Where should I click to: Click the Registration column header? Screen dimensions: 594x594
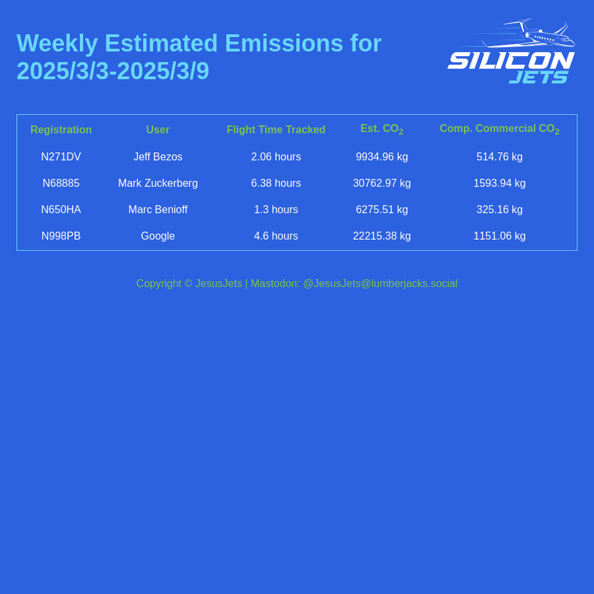(61, 130)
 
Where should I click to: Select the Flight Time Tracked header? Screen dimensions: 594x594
(276, 130)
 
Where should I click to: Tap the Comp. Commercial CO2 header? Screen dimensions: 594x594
(499, 129)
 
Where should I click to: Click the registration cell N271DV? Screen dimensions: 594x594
(61, 157)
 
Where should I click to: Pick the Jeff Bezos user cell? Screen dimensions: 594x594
(158, 157)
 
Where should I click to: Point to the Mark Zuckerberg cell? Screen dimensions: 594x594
(158, 183)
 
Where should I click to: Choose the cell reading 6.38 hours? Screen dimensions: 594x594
(276, 183)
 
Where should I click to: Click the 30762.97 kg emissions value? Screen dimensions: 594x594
(381, 183)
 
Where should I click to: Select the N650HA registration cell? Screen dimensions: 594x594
(61, 210)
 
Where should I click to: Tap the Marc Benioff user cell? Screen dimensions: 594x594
(158, 210)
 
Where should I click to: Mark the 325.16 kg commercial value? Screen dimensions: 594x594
(500, 210)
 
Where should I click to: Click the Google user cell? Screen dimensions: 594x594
(158, 236)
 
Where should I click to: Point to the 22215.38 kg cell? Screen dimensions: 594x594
(381, 236)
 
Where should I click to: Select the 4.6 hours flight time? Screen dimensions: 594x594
(276, 236)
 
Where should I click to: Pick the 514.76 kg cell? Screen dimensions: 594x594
(500, 157)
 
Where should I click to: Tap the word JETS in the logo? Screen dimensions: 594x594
(539, 77)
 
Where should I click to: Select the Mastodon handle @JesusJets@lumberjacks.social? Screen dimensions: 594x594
(380, 284)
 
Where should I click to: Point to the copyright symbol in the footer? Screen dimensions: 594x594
(188, 284)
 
